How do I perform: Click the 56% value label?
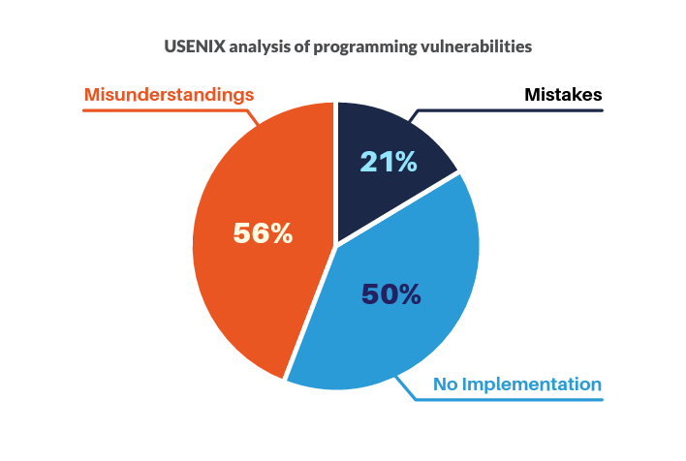tap(263, 233)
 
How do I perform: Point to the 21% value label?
tap(389, 162)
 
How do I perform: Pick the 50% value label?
tap(391, 293)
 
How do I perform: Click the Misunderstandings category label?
tap(169, 95)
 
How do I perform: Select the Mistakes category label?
tap(563, 95)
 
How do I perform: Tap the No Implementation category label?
tap(517, 384)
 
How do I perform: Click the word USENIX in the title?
tap(195, 46)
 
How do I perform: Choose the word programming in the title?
tap(365, 47)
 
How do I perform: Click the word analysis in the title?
tap(260, 47)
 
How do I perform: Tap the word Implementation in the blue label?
tap(532, 384)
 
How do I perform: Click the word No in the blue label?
tap(446, 384)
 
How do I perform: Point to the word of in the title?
tap(301, 46)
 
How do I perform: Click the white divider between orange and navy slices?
tap(336, 171)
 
